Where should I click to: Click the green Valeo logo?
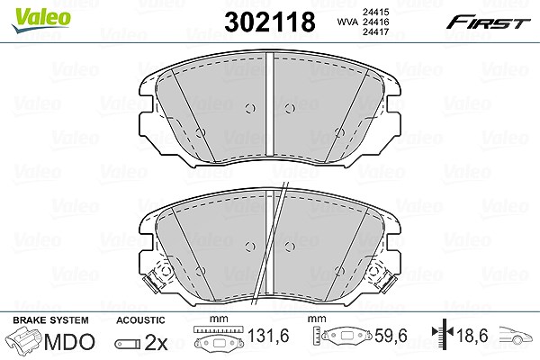tap(41, 20)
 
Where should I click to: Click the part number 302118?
tap(270, 22)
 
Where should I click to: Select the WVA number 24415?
tap(375, 12)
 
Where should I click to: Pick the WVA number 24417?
tap(375, 32)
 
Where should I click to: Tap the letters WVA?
tap(347, 22)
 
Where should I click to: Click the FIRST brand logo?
tap(489, 22)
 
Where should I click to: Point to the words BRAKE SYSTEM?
tap(50, 320)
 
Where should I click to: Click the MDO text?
tap(69, 342)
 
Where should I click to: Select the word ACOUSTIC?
tap(140, 320)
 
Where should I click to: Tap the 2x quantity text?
tap(156, 342)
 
